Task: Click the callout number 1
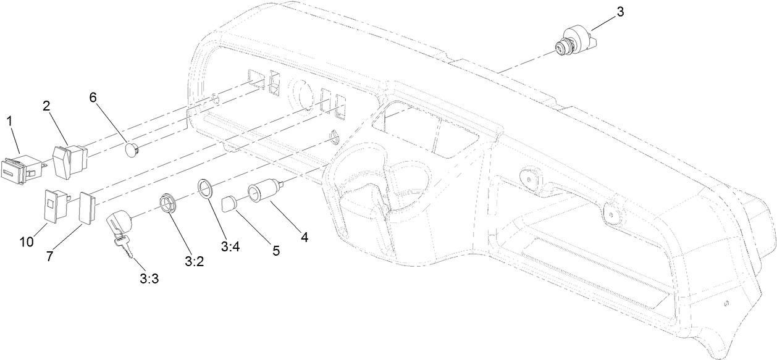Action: pos(10,122)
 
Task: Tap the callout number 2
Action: pos(46,106)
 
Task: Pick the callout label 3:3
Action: pos(149,278)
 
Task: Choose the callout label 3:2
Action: pos(193,261)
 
